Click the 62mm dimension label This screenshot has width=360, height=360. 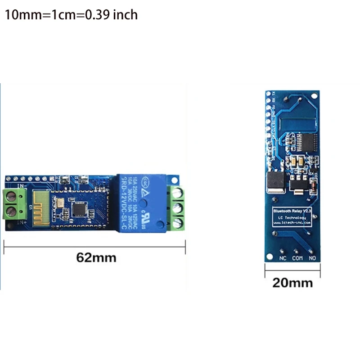click(96, 257)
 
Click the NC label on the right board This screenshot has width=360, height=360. click(283, 258)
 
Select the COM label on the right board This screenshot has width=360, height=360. click(297, 258)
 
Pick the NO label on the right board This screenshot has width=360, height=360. click(312, 258)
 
